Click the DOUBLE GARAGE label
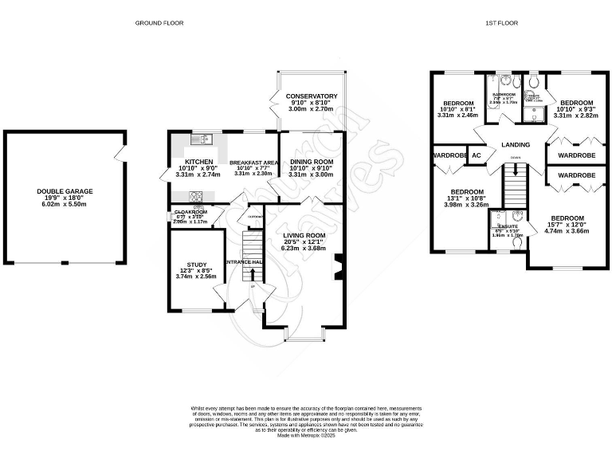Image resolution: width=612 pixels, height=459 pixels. click(65, 191)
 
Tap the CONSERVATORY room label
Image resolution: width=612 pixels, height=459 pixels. click(312, 96)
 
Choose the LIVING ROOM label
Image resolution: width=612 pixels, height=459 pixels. click(304, 236)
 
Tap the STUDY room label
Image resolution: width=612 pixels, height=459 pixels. click(196, 265)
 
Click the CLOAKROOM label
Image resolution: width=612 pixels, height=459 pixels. click(191, 213)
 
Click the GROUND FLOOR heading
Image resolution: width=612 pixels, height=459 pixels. click(159, 23)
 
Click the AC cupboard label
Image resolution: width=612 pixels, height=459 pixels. click(477, 155)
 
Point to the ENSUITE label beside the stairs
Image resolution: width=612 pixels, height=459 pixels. click(507, 227)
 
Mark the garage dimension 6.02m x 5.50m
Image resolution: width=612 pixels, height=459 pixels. click(65, 205)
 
